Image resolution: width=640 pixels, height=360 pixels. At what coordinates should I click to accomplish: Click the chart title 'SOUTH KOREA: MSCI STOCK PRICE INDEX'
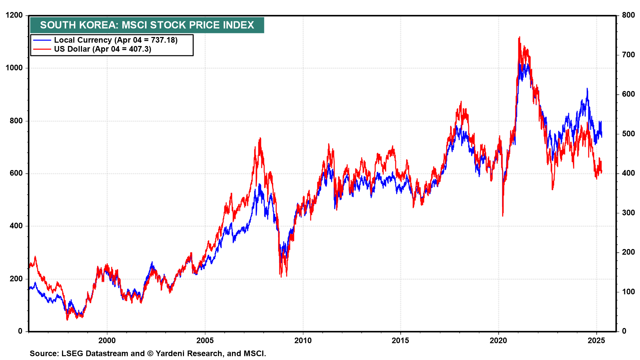pyautogui.click(x=147, y=25)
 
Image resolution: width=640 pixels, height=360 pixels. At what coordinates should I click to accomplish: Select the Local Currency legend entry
pyautogui.click(x=115, y=40)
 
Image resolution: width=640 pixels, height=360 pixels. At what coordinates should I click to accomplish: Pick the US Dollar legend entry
pyautogui.click(x=102, y=49)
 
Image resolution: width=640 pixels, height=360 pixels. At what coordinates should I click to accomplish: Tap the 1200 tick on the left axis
pyautogui.click(x=14, y=15)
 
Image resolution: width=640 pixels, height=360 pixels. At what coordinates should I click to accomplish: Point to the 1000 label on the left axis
pyautogui.click(x=14, y=68)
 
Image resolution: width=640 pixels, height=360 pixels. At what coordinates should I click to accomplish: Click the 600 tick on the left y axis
pyautogui.click(x=16, y=173)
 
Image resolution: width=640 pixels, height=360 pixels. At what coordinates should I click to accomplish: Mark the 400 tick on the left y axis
pyautogui.click(x=16, y=226)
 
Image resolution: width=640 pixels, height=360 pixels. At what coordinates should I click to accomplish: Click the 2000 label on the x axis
pyautogui.click(x=107, y=341)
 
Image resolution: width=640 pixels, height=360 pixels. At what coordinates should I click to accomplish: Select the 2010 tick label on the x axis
pyautogui.click(x=303, y=341)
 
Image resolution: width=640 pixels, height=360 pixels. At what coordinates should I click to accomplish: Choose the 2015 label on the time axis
pyautogui.click(x=400, y=341)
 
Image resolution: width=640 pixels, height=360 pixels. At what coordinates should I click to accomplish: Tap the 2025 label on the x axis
pyautogui.click(x=596, y=341)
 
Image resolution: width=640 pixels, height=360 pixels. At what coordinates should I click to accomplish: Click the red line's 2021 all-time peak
pyautogui.click(x=519, y=37)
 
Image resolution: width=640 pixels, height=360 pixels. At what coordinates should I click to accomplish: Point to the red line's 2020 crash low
pyautogui.click(x=503, y=216)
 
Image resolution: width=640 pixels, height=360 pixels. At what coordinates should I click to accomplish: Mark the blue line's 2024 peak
pyautogui.click(x=587, y=89)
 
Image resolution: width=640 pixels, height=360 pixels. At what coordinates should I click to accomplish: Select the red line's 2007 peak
pyautogui.click(x=260, y=138)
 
